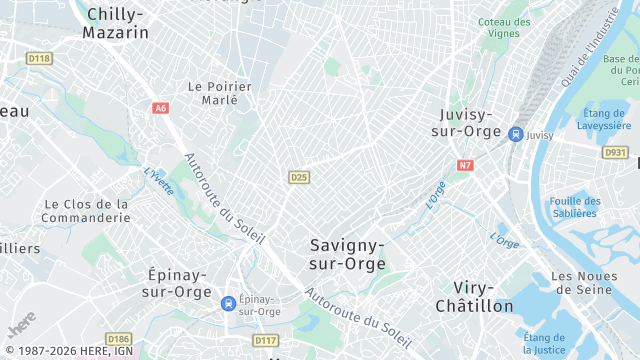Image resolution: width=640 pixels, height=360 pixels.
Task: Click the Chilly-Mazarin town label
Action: pyautogui.click(x=118, y=23)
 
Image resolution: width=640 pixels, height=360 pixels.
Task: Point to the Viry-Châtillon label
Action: pyautogui.click(x=475, y=296)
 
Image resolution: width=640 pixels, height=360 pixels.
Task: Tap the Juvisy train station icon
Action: pyautogui.click(x=515, y=134)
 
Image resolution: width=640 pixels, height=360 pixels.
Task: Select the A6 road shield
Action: pyautogui.click(x=161, y=108)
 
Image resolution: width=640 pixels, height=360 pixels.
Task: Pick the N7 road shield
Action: pyautogui.click(x=465, y=165)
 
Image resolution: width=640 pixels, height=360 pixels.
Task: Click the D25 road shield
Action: pyautogui.click(x=298, y=177)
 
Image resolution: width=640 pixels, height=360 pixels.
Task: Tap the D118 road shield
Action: pyautogui.click(x=39, y=59)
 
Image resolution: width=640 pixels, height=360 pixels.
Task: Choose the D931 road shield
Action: pyautogui.click(x=614, y=152)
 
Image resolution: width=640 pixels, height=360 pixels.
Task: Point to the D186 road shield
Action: pyautogui.click(x=119, y=340)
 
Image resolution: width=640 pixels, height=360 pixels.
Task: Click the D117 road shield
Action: pyautogui.click(x=265, y=341)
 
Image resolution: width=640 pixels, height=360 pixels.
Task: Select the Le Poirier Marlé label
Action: pyautogui.click(x=219, y=93)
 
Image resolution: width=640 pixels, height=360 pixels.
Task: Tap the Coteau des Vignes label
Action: pyautogui.click(x=504, y=27)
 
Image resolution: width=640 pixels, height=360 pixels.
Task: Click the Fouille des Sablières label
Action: pyautogui.click(x=574, y=206)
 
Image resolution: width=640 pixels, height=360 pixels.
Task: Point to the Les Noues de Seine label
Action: pyautogui.click(x=588, y=282)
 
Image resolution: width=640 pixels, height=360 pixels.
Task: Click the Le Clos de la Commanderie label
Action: pyautogui.click(x=87, y=210)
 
